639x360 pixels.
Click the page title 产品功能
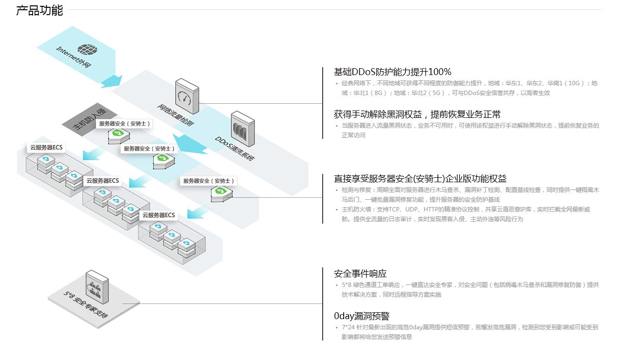[39, 10]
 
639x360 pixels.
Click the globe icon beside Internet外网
[87, 49]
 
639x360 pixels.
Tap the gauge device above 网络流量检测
[187, 96]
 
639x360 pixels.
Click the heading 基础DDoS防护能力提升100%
[392, 72]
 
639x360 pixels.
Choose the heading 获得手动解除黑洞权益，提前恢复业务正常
[417, 114]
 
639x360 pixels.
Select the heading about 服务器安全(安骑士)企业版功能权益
[420, 179]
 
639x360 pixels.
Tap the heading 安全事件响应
[360, 274]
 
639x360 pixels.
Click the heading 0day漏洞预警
[362, 316]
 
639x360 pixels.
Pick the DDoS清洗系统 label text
[234, 148]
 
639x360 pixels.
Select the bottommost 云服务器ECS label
[158, 215]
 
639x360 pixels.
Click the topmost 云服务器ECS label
[46, 147]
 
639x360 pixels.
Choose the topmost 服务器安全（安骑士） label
[125, 124]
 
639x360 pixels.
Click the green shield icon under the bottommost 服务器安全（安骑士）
[222, 191]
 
